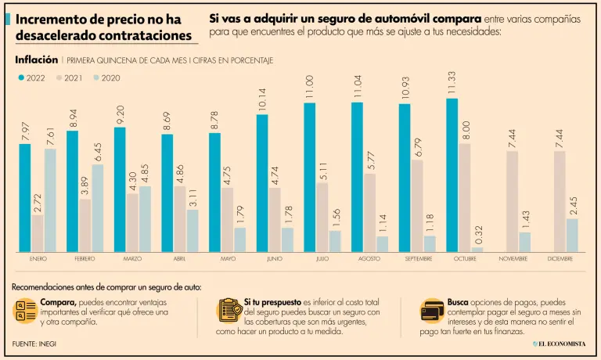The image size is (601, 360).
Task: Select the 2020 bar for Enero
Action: click(x=50, y=200)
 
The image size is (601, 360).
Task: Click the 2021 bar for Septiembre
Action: click(x=417, y=206)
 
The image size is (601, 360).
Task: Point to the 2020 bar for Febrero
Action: click(x=97, y=208)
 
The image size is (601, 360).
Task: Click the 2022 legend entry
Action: click(x=31, y=77)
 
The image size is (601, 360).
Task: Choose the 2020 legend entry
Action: click(x=106, y=77)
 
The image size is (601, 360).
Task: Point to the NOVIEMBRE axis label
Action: click(x=513, y=258)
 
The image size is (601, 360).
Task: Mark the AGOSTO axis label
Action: click(x=369, y=258)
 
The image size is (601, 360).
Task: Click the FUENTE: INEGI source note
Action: click(x=34, y=344)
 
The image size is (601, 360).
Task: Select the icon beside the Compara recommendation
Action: click(x=25, y=311)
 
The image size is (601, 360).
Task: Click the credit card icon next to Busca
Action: click(x=432, y=311)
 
